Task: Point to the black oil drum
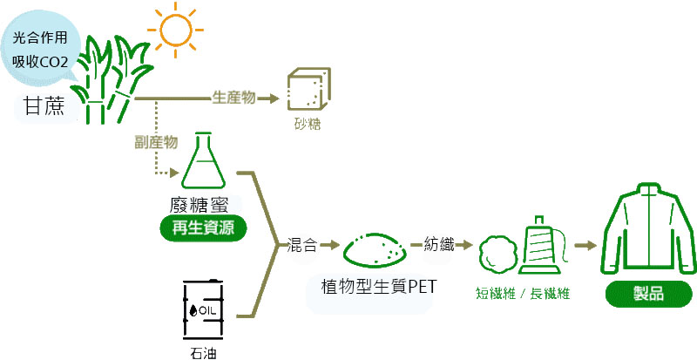pos(202,310)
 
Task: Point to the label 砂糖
pos(307,125)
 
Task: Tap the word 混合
pos(301,245)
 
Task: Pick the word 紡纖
pos(439,245)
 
